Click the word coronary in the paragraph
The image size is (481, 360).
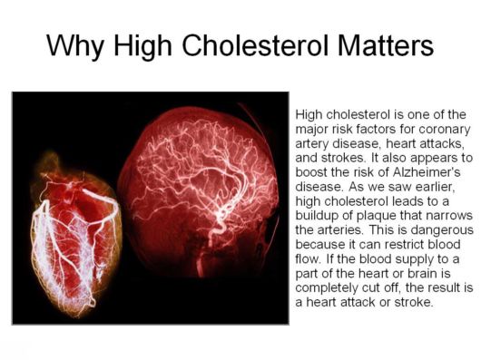[439, 129]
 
